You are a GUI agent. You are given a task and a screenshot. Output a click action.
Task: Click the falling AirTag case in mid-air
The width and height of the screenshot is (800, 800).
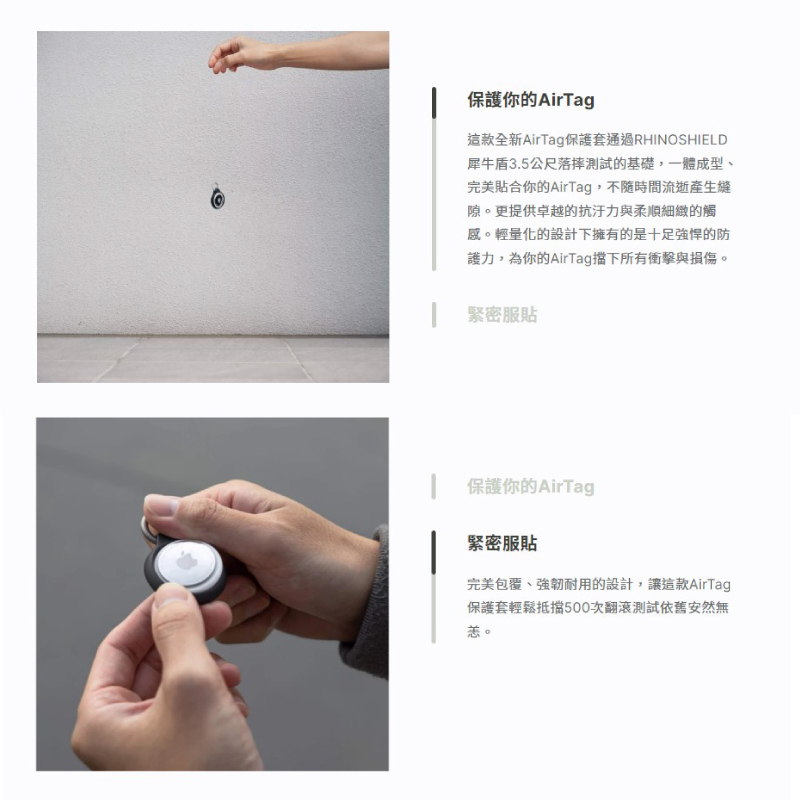click(218, 197)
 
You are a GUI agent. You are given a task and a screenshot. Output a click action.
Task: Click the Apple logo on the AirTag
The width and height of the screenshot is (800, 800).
click(187, 561)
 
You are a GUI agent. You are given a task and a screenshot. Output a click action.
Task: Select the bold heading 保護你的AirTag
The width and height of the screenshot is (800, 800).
click(531, 99)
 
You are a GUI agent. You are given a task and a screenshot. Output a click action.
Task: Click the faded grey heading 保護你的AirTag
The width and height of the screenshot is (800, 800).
click(531, 486)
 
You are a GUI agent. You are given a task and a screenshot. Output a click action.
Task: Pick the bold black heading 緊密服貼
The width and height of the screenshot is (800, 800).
click(502, 543)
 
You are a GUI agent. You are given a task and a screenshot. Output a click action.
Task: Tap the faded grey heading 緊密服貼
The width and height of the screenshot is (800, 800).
click(502, 314)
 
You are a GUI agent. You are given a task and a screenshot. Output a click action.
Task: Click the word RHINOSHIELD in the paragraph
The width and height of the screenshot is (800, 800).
click(681, 140)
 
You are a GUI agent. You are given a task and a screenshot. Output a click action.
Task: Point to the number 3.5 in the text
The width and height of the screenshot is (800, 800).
click(519, 164)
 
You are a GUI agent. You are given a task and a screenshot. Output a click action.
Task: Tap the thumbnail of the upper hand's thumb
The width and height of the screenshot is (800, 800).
click(161, 505)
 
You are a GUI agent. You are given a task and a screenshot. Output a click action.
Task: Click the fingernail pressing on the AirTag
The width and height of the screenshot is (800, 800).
click(171, 594)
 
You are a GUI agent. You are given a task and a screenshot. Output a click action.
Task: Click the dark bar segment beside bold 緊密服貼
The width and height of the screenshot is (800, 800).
click(434, 552)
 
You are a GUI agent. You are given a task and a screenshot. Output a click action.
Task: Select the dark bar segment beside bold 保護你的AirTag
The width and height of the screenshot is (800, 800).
click(434, 103)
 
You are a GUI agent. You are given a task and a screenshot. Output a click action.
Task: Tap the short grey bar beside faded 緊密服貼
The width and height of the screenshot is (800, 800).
click(434, 315)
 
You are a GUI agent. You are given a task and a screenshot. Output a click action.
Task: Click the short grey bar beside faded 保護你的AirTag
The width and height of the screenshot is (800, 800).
click(434, 486)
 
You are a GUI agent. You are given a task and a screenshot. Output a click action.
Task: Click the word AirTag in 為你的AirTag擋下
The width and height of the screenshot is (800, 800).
click(571, 259)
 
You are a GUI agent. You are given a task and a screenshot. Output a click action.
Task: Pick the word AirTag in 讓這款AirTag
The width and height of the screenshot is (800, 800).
click(710, 584)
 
